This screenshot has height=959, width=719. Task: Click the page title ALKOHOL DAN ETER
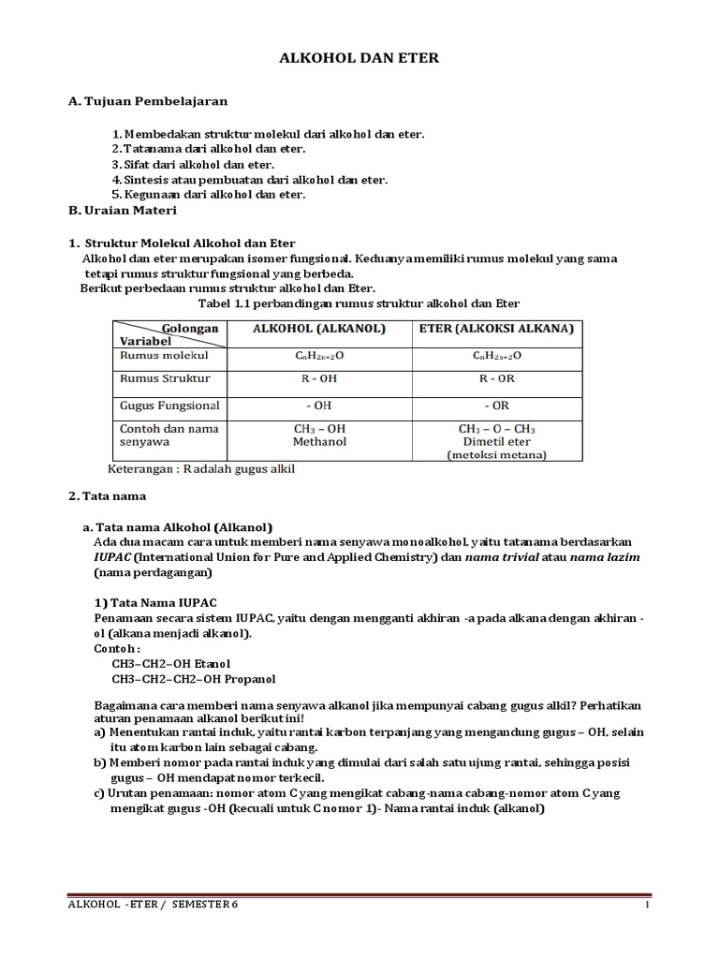click(359, 58)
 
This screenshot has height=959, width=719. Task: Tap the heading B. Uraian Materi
click(124, 211)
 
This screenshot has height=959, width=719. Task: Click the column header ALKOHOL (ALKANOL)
click(318, 329)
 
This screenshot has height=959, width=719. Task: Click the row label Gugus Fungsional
click(169, 406)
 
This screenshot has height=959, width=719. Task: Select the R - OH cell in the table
click(318, 379)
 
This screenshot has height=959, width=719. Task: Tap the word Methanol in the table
click(318, 441)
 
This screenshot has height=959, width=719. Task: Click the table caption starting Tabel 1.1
click(359, 304)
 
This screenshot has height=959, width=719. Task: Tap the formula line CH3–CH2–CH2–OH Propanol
click(194, 679)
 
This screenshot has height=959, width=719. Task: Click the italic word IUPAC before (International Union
click(112, 557)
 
